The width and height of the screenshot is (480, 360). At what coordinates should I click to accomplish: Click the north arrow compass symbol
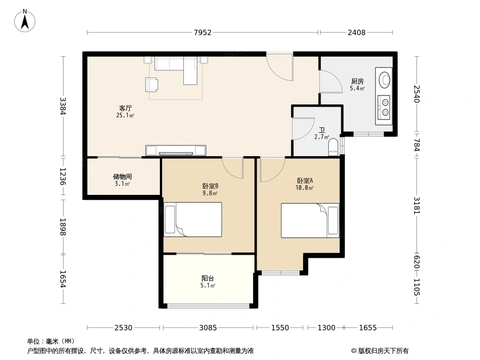pos(25,21)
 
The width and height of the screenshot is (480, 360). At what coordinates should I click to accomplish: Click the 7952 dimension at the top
pos(203,32)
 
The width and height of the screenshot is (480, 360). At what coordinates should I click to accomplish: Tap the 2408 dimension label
pos(356,32)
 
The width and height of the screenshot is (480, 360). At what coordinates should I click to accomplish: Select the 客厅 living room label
pos(126,108)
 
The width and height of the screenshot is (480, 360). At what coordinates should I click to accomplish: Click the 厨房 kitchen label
pos(357,81)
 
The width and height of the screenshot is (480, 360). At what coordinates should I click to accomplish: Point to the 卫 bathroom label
pos(322,130)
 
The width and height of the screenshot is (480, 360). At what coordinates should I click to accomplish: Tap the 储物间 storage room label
pos(122,177)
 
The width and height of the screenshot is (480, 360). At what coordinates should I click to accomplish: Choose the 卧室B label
pos(210,186)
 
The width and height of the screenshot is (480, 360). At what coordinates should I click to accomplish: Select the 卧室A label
pos(305,180)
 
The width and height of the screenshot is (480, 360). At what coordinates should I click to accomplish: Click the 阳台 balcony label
pos(208,279)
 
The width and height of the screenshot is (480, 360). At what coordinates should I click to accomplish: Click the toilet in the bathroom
pos(333,147)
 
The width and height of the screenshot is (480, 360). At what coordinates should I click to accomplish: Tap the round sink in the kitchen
pos(385,80)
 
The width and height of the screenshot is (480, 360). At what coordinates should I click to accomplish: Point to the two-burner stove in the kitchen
pos(384,107)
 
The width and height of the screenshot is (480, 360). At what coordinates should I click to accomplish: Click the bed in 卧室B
pos(193,219)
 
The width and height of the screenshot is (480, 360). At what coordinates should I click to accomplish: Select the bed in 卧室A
pos(310,220)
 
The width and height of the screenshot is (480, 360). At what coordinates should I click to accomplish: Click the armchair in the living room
pos(152,85)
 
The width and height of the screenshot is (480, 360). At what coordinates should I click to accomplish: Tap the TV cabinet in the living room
pos(176,150)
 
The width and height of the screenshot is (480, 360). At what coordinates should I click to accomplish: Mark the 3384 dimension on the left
pos(63,106)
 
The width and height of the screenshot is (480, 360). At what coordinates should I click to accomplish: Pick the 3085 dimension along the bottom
pos(208,328)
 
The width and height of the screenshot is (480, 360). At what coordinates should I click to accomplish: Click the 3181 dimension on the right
pos(417,205)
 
